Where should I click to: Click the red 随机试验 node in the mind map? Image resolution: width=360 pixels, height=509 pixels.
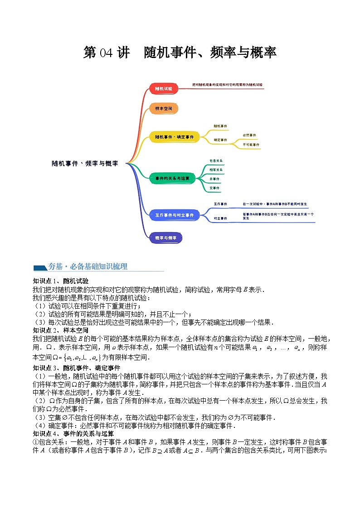point(163,89)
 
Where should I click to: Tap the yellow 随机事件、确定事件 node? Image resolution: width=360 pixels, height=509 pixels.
point(175,136)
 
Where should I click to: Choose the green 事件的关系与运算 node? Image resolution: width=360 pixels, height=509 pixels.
point(172,179)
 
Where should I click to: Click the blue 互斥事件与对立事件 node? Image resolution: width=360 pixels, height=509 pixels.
point(174,215)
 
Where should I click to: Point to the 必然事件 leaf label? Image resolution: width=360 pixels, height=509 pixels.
point(249,135)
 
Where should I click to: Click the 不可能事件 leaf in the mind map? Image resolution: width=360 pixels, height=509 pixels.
point(251,145)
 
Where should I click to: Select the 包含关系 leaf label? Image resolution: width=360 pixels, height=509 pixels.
point(216,161)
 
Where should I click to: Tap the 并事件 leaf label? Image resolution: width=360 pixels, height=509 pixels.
point(214,179)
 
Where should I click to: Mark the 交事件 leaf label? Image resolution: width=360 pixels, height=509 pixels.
point(214,187)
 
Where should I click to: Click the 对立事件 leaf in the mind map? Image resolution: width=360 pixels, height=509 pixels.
point(220,218)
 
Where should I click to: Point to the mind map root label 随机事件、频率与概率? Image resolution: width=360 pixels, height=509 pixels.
point(85,164)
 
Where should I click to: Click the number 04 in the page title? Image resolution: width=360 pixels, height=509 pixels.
point(105,53)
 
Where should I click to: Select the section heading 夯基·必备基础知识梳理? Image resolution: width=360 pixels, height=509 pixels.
point(88,267)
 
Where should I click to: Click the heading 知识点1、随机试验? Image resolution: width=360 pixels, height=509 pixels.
point(61,281)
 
